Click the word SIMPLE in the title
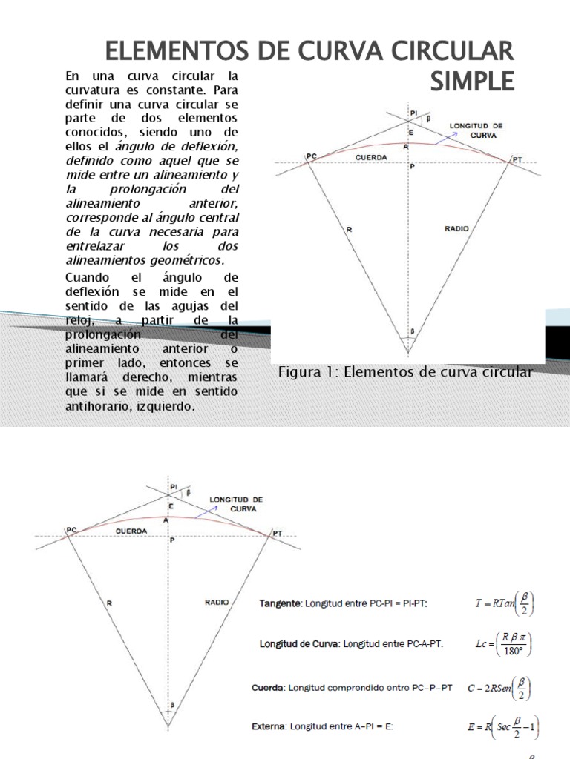tap(471, 80)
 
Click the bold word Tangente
tap(276, 603)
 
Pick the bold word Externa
tap(270, 727)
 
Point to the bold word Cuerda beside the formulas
tap(269, 688)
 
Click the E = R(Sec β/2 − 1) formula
tap(502, 727)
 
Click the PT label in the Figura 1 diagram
tap(517, 159)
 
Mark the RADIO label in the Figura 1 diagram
tap(456, 229)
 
